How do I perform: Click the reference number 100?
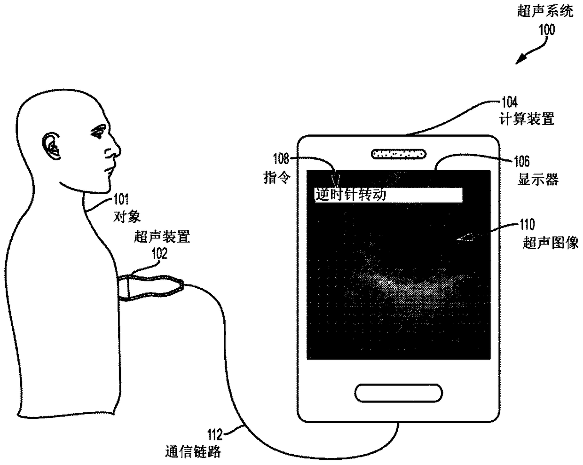(546, 30)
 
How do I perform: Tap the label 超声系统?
(545, 11)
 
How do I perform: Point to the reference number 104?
(509, 102)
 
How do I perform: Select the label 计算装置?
(526, 119)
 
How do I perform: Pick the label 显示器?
(538, 180)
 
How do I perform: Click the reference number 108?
(281, 159)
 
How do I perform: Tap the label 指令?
(276, 178)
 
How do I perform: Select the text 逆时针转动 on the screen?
(350, 195)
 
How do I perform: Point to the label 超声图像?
(551, 243)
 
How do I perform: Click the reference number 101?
(121, 199)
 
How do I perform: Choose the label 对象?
(127, 216)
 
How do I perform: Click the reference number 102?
(159, 253)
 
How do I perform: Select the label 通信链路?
(193, 451)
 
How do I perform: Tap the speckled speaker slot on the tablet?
(398, 153)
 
